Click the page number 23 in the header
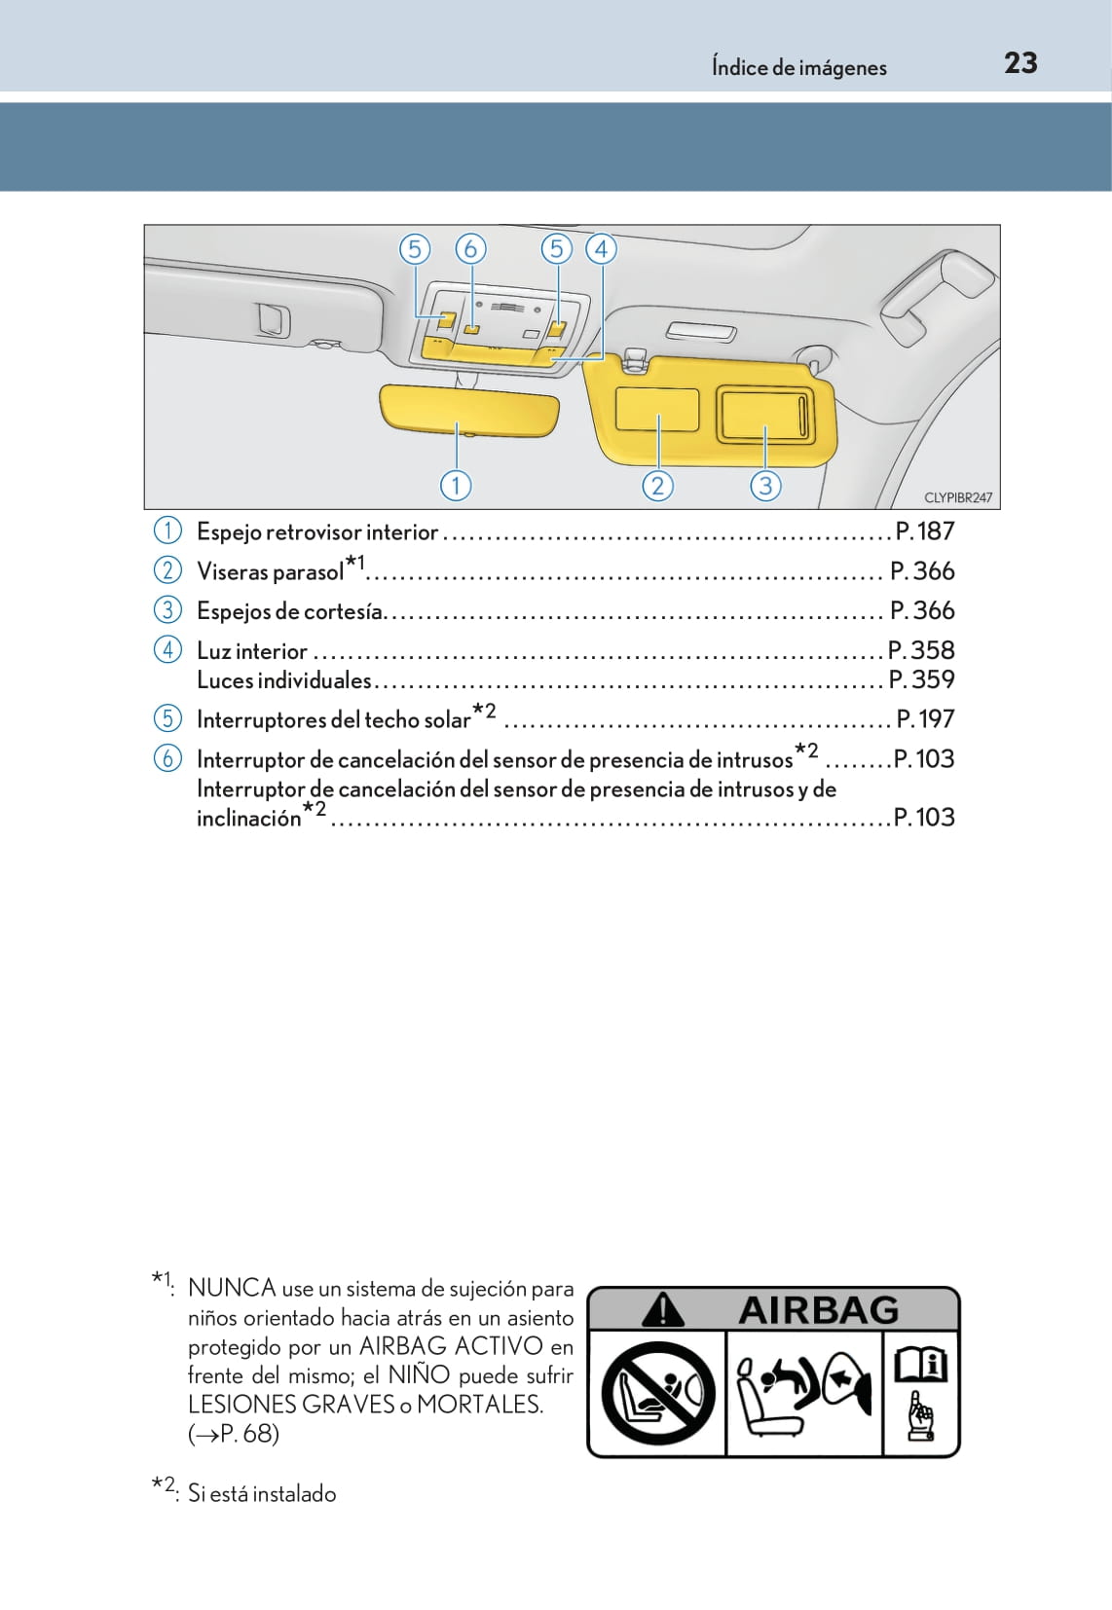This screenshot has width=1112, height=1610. coord(1020,63)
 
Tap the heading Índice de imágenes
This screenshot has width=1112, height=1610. coord(798,67)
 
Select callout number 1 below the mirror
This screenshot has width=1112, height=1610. coord(456,485)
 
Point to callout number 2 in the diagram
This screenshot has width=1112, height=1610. coord(657,485)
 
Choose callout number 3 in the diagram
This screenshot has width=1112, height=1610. coord(765,485)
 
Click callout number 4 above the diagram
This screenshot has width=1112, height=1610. coord(601,249)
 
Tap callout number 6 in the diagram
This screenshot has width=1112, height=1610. coord(470,249)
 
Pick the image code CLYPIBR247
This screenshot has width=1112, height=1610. coord(957,497)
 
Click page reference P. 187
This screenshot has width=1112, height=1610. coord(924,531)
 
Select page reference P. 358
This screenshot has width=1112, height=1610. coord(921,650)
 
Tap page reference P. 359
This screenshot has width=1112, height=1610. coord(921,679)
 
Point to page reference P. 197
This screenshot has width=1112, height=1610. coord(925,719)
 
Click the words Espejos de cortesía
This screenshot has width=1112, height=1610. coord(290,611)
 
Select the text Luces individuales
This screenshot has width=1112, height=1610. coord(284,679)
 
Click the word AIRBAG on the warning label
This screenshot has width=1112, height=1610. coord(818,1310)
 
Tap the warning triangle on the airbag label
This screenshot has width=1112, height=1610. coord(662,1310)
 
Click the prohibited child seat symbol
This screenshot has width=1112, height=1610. coord(657,1393)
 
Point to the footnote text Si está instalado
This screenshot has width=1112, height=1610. coord(262,1494)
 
